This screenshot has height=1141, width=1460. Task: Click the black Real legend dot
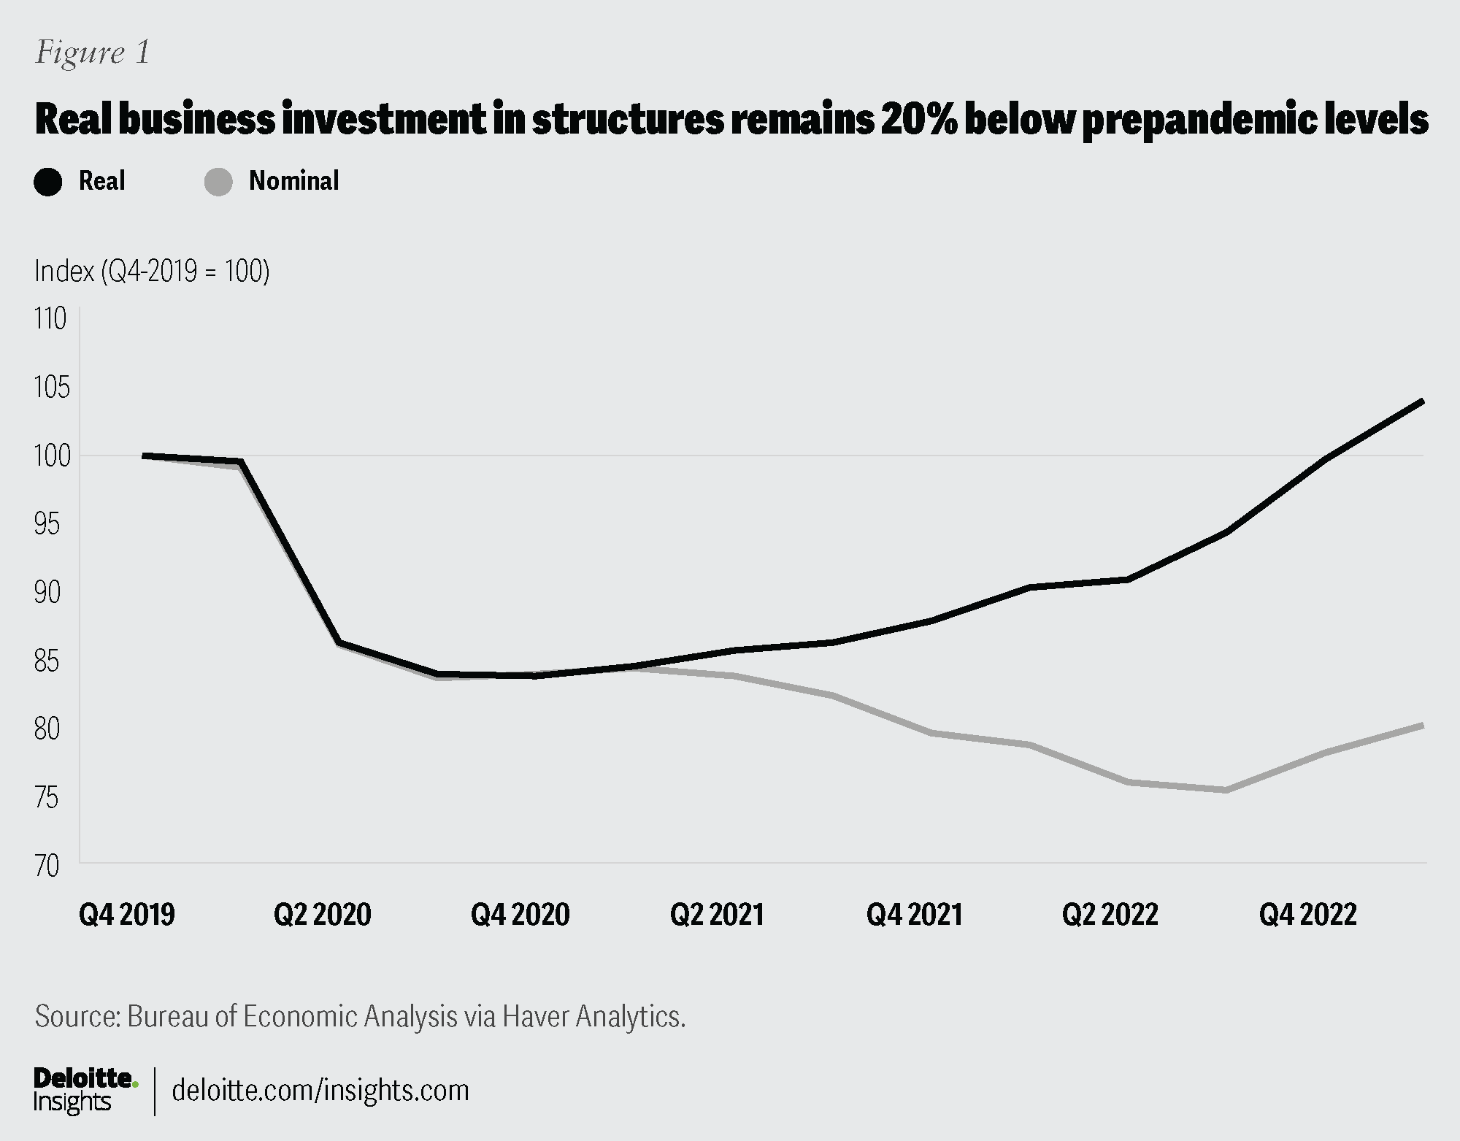click(x=48, y=182)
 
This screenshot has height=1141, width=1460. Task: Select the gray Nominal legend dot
click(x=218, y=182)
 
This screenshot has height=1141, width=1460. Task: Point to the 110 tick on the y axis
click(x=50, y=319)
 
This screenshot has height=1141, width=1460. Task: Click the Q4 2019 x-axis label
click(x=127, y=914)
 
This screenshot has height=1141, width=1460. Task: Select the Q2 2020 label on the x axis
click(x=323, y=914)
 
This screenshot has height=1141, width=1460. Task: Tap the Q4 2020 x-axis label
click(x=520, y=914)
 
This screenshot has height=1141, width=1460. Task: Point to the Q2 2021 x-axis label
click(x=717, y=914)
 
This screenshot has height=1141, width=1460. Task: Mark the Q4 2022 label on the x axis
click(x=1307, y=914)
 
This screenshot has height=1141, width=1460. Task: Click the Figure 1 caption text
click(x=93, y=53)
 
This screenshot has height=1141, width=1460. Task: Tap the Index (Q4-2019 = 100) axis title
click(x=152, y=272)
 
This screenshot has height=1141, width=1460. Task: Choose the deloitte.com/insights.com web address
click(x=320, y=1090)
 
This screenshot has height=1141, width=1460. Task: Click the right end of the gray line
click(x=1422, y=725)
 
